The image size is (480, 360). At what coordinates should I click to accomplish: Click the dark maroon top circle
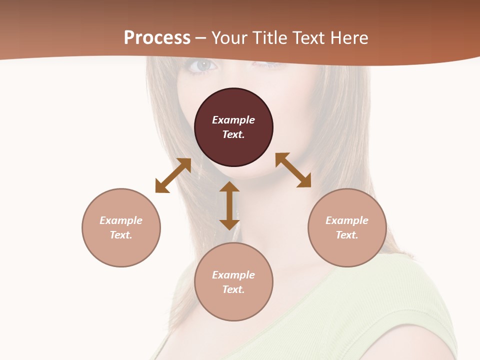tap(233, 127)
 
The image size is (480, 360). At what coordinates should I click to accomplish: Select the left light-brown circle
tap(121, 227)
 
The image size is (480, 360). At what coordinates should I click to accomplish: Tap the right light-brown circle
tap(347, 227)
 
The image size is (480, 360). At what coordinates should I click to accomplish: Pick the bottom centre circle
tap(233, 282)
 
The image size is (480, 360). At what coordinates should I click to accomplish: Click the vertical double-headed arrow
tap(229, 205)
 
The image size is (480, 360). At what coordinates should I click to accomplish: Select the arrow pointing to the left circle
tap(173, 175)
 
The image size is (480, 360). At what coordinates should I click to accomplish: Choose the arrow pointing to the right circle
tap(293, 170)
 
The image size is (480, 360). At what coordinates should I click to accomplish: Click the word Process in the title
tap(157, 37)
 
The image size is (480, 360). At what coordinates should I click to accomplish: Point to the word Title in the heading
tap(270, 37)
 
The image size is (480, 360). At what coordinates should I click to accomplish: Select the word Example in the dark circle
tap(233, 120)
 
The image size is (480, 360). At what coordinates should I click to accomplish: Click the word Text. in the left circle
tap(121, 235)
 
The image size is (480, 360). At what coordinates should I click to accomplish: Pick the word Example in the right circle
tap(347, 220)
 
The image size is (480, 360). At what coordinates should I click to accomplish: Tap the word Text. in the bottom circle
tap(233, 289)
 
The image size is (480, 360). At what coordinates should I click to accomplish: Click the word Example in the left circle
tap(121, 220)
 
